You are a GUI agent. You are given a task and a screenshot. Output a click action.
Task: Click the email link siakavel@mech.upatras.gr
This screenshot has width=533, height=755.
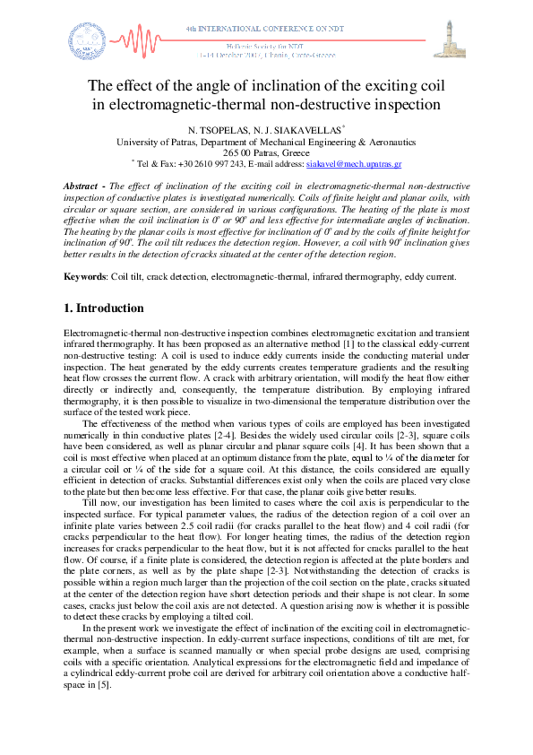point(353,165)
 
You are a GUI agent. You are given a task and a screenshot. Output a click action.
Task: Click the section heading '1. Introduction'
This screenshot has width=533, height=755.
point(104,308)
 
